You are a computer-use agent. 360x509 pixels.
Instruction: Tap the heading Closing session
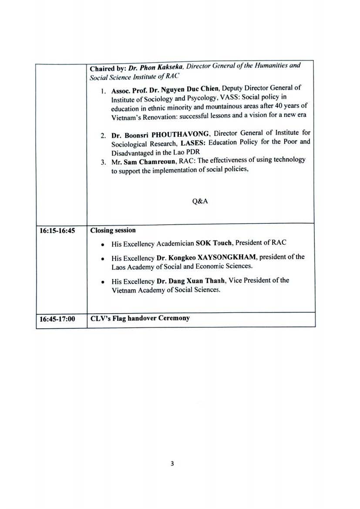point(113,230)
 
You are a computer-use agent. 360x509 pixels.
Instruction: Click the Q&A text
point(200,201)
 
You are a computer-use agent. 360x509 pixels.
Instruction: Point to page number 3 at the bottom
point(172,464)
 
